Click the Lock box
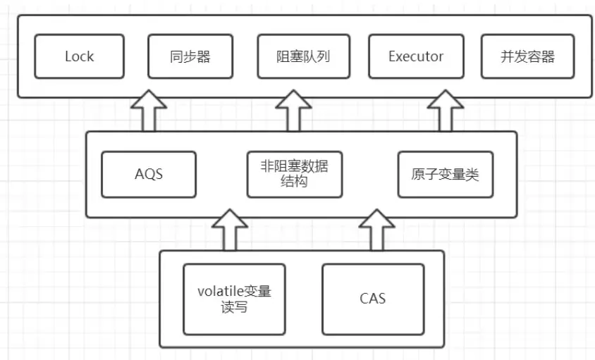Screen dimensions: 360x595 tap(79, 56)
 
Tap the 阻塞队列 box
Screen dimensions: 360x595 tap(303, 56)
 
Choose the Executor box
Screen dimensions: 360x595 tap(416, 56)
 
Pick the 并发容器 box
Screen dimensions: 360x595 tap(528, 56)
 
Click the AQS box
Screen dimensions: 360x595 tap(149, 173)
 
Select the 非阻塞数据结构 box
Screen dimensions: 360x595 tap(295, 174)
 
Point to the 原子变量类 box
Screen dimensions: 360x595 tap(445, 174)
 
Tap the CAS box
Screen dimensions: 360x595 tap(373, 299)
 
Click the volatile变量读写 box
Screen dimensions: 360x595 tap(234, 299)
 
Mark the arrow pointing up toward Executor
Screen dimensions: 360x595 tap(444, 111)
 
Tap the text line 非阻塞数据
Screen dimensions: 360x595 tap(295, 166)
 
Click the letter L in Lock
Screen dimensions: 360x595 tap(68, 56)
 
